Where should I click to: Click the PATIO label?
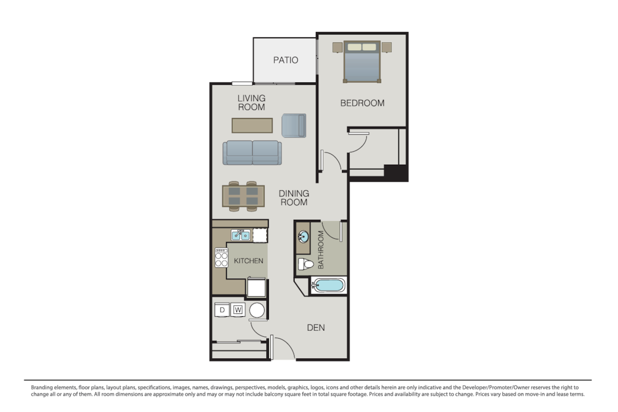tap(285, 60)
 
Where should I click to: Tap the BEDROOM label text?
tap(362, 103)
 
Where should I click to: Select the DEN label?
tap(316, 328)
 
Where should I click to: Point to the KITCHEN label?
tap(248, 261)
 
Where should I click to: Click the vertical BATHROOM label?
tap(320, 250)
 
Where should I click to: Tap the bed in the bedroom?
tap(362, 61)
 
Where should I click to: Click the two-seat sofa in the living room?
tap(252, 152)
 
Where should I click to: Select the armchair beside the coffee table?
tap(294, 126)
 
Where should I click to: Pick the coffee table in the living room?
tap(252, 126)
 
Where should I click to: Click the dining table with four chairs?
tap(243, 196)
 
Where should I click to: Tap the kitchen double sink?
tap(241, 235)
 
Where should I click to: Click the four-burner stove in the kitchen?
tap(221, 257)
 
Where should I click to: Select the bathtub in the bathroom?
tap(329, 285)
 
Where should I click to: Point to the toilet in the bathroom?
tap(306, 264)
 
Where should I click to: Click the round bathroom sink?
tap(303, 237)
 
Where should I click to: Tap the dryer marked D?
tap(222, 310)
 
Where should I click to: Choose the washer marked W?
tap(238, 310)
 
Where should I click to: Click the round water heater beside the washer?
tap(257, 310)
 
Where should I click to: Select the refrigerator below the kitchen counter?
tap(256, 287)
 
